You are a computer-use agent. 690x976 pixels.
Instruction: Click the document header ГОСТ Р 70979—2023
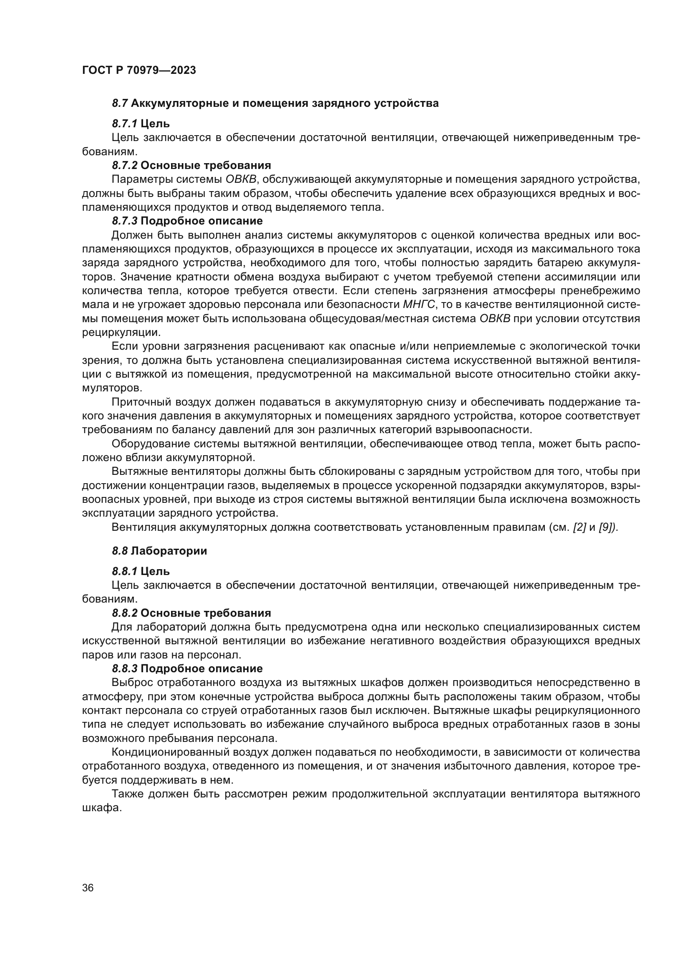(x=139, y=70)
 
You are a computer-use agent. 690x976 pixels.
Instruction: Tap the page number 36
(x=88, y=888)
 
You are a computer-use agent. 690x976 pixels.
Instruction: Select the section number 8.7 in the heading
(x=120, y=103)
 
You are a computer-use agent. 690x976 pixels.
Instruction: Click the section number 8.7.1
(x=124, y=124)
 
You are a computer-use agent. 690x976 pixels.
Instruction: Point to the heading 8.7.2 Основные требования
(x=191, y=165)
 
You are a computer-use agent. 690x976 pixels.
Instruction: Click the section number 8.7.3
(x=124, y=221)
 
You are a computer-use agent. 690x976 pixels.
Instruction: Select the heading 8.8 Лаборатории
(x=159, y=551)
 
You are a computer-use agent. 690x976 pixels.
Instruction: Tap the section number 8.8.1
(x=124, y=571)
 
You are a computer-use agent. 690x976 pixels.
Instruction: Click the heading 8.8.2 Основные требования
(x=191, y=613)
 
